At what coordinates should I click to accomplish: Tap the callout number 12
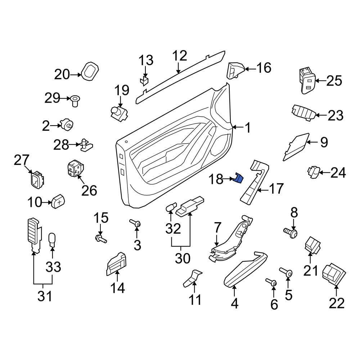[180, 56]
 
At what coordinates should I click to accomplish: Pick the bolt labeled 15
[100, 239]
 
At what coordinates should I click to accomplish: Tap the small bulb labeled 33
[52, 240]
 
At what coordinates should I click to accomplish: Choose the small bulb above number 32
[171, 207]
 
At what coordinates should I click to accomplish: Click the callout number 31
[45, 296]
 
